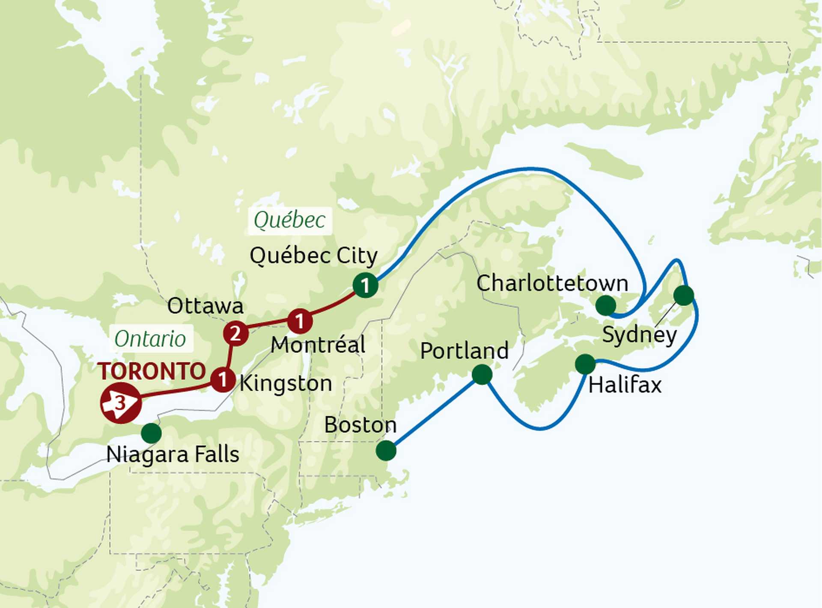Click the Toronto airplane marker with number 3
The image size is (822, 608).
point(121,403)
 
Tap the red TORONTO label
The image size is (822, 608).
point(152,371)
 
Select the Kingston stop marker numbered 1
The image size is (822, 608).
point(223,379)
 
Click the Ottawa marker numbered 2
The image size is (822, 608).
point(235,333)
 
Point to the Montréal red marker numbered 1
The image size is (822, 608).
point(300,321)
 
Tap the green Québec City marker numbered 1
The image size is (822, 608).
point(365,285)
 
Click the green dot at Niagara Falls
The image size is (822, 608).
point(151,433)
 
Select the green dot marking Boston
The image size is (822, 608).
point(386,451)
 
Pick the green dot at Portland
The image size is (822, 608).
point(482,374)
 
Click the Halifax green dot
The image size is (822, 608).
point(585,364)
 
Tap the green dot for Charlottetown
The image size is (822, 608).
point(606,305)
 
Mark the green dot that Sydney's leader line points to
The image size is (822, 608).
point(683,295)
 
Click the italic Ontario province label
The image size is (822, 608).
point(150,339)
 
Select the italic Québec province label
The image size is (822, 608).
point(289,221)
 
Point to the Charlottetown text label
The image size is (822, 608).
point(552,283)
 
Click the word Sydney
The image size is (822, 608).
point(639,335)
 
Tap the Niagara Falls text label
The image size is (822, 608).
point(173,454)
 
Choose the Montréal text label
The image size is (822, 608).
point(318,345)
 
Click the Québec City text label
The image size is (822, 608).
point(313,256)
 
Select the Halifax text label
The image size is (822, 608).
point(625,385)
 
